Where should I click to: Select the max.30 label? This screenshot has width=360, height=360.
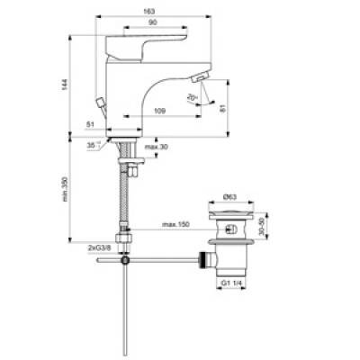click(x=156, y=147)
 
